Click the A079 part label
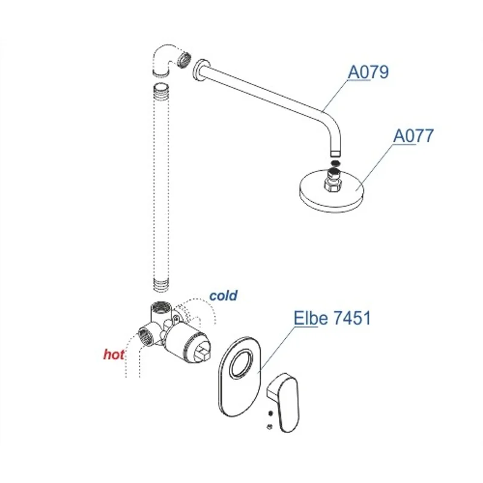(368, 72)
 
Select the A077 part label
(413, 136)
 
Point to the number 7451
(351, 318)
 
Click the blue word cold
(223, 296)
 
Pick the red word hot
(114, 355)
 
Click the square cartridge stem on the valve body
(205, 350)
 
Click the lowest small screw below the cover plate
(269, 428)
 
